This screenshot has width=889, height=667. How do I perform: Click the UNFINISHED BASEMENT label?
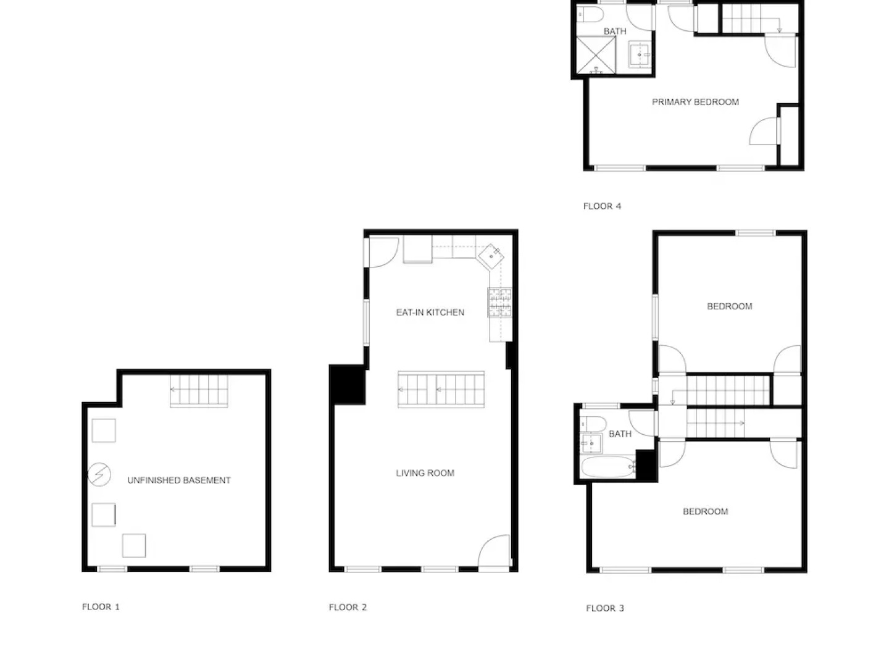click(178, 480)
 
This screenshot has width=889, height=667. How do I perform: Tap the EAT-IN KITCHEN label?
click(430, 313)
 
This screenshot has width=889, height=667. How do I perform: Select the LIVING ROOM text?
click(425, 473)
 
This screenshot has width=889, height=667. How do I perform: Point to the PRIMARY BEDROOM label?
click(695, 102)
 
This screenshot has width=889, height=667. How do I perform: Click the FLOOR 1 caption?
click(101, 607)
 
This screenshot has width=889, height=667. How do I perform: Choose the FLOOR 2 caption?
click(348, 607)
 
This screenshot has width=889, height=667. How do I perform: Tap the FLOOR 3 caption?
click(605, 608)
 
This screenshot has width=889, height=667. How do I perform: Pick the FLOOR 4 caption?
click(602, 206)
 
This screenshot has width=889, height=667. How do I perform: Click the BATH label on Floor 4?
click(615, 31)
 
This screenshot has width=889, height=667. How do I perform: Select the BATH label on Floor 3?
click(620, 434)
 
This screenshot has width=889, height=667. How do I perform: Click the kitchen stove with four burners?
click(500, 303)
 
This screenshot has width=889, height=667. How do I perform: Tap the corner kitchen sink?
click(492, 254)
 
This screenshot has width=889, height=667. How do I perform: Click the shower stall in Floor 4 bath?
click(596, 55)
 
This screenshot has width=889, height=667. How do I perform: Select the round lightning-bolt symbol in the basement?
click(99, 474)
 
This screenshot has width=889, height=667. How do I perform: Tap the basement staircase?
click(199, 391)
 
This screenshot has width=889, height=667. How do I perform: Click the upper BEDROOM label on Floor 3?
click(729, 306)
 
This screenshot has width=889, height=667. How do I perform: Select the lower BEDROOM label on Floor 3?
click(705, 511)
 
